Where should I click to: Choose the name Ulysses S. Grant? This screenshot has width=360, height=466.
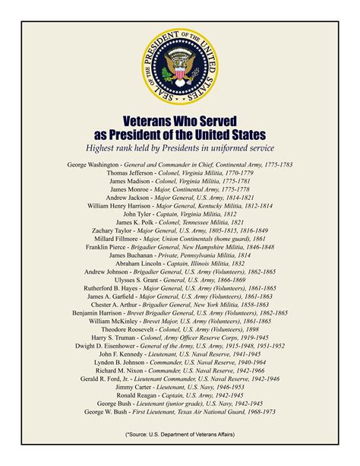pos(134,280)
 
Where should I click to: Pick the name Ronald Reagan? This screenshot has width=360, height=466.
pos(140,395)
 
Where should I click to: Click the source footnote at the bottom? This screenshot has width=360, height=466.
pos(180,434)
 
